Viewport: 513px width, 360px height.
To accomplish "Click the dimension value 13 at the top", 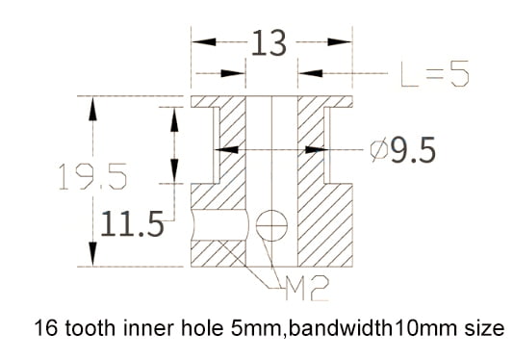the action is point(269,42).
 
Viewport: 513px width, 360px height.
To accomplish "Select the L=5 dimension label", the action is point(435,73).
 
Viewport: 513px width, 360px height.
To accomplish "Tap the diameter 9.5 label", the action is point(403,150).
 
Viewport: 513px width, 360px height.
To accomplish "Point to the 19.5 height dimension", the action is point(92,176).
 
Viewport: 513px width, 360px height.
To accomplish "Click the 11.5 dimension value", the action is point(132,224).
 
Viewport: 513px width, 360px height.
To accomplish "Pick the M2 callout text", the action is point(307,289).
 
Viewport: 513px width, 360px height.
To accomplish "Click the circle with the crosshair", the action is point(271,225).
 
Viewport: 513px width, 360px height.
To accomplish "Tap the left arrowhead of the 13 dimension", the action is point(203,42).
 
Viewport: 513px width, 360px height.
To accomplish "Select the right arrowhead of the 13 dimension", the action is point(340,42).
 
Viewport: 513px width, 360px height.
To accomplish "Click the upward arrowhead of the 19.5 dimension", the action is point(93,109).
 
